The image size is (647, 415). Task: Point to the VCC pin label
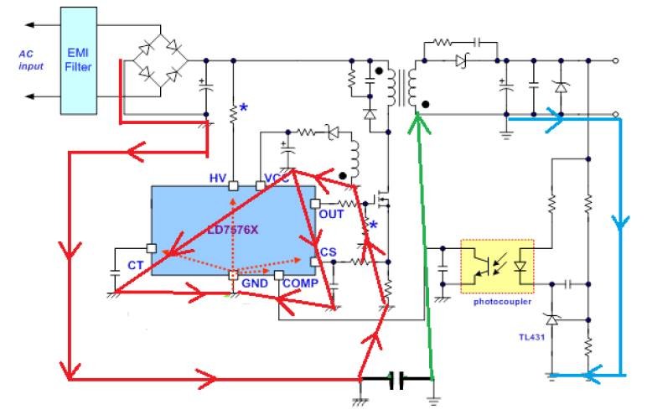click(276, 178)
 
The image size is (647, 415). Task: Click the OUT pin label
click(331, 214)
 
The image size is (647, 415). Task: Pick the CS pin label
click(327, 252)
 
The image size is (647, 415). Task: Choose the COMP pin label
click(299, 284)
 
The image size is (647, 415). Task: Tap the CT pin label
click(135, 265)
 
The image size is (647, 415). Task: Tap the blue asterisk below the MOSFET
click(373, 225)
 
